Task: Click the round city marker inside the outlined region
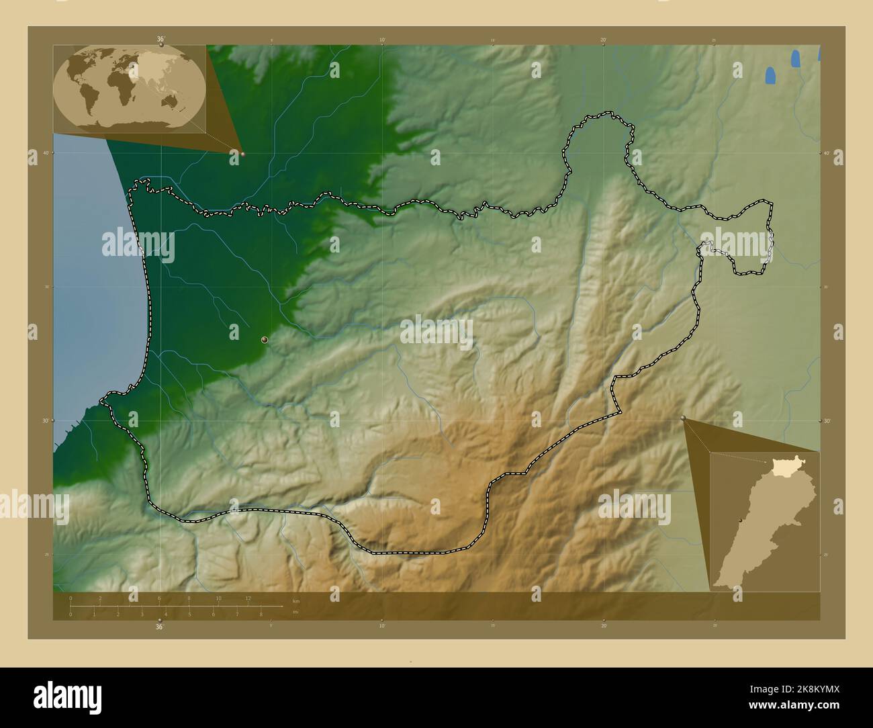click(265, 340)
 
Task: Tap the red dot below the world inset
click(242, 154)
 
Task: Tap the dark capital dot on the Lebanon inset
click(739, 520)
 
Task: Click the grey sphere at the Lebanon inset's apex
click(684, 418)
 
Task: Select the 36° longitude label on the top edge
click(160, 40)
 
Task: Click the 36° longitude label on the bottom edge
click(160, 627)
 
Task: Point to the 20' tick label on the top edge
click(604, 40)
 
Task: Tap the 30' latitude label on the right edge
click(827, 421)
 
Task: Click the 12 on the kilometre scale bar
click(248, 598)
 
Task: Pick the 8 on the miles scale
click(261, 614)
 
